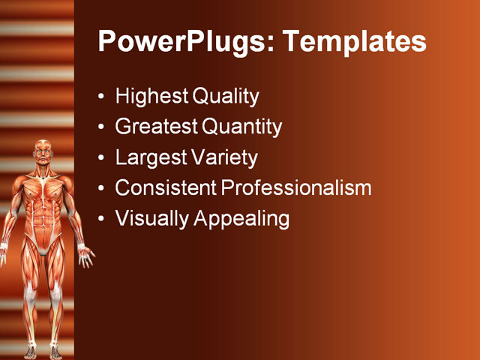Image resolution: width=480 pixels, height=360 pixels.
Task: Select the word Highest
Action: (151, 97)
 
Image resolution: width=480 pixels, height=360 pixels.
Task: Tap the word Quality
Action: (226, 97)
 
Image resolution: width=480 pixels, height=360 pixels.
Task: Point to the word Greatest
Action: (157, 127)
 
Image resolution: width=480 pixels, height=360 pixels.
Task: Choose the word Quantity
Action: (241, 127)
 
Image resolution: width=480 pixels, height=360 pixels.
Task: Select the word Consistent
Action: (166, 187)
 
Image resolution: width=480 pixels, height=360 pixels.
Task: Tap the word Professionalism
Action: (296, 187)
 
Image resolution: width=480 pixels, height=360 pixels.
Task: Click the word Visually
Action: (152, 219)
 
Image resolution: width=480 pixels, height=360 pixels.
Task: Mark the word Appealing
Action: (241, 219)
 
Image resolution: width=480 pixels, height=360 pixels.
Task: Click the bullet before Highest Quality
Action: (101, 96)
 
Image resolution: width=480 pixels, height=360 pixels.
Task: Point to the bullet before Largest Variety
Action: (101, 157)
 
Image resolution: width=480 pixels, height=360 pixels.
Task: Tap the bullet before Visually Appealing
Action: (101, 218)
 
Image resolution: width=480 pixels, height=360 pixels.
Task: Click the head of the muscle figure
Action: (43, 152)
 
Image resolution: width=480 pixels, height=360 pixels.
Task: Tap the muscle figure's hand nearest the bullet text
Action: (85, 256)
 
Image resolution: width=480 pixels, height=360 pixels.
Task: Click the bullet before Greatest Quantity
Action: (101, 127)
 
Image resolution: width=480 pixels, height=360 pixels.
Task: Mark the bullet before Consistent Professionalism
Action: (101, 188)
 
